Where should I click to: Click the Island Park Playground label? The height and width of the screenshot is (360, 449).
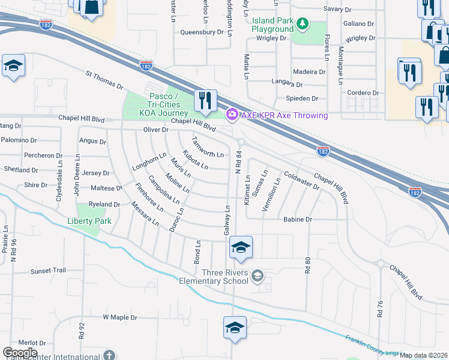point(273,25)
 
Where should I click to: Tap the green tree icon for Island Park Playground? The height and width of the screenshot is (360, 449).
point(304,23)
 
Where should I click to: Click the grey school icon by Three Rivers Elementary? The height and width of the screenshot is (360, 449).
point(258,275)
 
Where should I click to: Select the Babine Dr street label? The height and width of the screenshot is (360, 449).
point(298,220)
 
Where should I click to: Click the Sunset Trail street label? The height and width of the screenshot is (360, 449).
point(48,271)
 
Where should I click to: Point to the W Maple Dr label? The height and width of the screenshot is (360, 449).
point(120,317)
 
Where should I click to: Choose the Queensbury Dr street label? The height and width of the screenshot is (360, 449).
point(202,32)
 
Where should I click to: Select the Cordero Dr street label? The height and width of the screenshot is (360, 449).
point(363,92)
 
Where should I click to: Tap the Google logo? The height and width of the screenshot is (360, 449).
point(20,353)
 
